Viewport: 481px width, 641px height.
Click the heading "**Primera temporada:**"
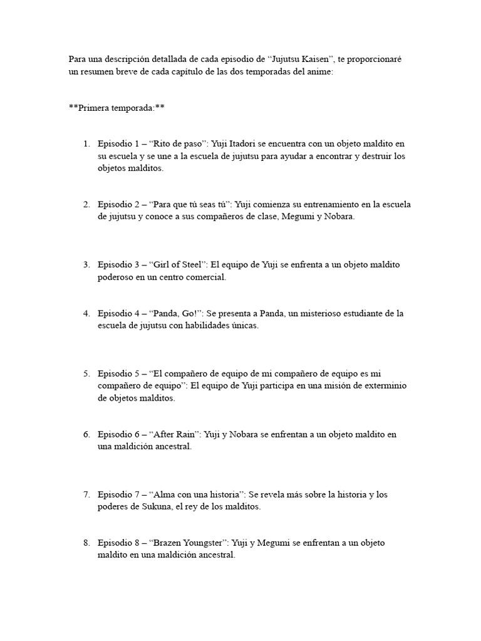tap(116, 108)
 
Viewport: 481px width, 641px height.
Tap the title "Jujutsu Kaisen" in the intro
tap(302, 59)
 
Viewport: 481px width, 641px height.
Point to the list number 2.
tap(86, 205)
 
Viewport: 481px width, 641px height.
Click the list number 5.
tap(86, 374)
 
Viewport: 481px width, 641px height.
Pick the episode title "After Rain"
tap(176, 434)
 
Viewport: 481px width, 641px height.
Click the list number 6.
tap(86, 434)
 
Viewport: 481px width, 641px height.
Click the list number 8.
tap(86, 543)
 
